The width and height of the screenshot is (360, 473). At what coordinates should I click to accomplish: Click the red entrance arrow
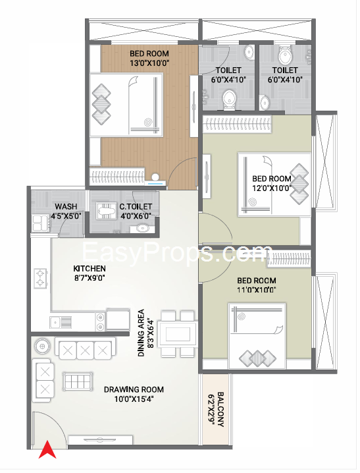[x=47, y=450]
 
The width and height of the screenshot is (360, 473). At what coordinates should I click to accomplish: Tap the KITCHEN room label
[x=90, y=269]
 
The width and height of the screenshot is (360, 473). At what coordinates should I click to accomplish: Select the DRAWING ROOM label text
[x=134, y=389]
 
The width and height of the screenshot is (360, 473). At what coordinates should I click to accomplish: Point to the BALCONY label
[x=220, y=409]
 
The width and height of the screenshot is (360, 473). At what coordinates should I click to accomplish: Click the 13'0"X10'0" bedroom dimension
[x=149, y=63]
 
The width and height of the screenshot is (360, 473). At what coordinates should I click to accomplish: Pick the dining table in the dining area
[x=178, y=334]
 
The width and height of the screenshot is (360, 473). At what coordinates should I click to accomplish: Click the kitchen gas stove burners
[x=40, y=279]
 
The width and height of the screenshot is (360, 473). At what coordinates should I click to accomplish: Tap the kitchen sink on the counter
[x=61, y=322]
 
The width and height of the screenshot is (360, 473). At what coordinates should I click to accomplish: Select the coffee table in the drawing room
[x=78, y=382]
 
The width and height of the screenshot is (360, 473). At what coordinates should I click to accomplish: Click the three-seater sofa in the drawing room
[x=86, y=348]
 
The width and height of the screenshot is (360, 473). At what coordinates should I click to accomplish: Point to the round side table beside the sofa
[x=42, y=346]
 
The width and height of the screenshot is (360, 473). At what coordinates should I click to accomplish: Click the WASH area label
[x=66, y=207]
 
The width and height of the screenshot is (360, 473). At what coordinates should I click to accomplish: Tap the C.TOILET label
[x=136, y=207]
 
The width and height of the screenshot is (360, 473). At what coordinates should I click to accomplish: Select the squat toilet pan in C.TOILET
[x=107, y=211]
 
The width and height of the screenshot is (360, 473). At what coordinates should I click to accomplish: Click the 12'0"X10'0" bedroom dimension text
[x=272, y=188]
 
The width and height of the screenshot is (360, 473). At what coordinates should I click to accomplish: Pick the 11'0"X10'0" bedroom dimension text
[x=257, y=290]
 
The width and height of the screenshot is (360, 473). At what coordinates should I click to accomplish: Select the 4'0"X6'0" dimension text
[x=136, y=216]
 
